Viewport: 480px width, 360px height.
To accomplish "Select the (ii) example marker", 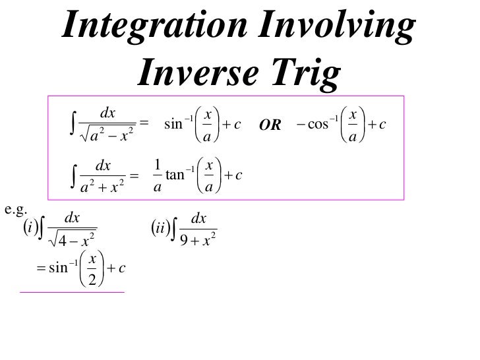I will [158, 229].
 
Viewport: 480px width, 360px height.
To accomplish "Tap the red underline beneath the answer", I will [73, 291].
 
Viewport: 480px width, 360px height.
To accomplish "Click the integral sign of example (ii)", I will [173, 229].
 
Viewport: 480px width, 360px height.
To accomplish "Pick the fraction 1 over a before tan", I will [157, 175].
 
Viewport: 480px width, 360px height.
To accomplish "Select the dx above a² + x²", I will [104, 164].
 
